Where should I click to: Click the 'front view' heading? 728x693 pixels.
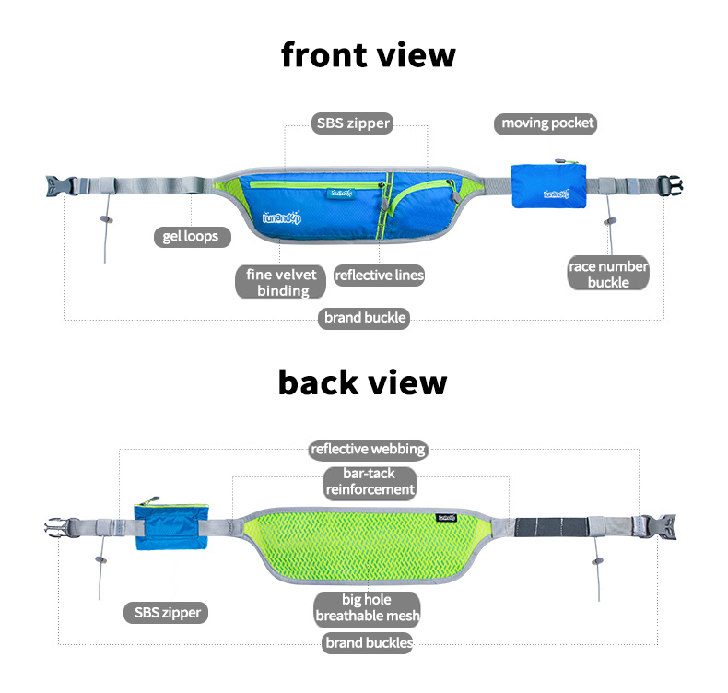coord(368,54)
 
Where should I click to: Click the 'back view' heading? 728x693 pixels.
coord(362,382)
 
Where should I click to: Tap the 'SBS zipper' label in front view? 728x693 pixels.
coord(354,123)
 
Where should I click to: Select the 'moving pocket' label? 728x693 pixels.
coord(547,123)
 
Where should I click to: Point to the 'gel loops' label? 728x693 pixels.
coord(191,236)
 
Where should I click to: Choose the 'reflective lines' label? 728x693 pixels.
coord(379,275)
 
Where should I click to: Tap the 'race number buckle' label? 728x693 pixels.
coord(608,274)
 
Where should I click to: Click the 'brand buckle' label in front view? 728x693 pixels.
coord(365,318)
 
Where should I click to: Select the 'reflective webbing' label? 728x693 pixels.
coord(368,449)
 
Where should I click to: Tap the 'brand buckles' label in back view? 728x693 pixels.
coord(368,643)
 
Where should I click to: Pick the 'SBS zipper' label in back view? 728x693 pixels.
coord(168,612)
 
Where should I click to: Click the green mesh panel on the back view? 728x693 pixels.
coord(369,544)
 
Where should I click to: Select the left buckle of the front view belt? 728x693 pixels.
coord(59,185)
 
